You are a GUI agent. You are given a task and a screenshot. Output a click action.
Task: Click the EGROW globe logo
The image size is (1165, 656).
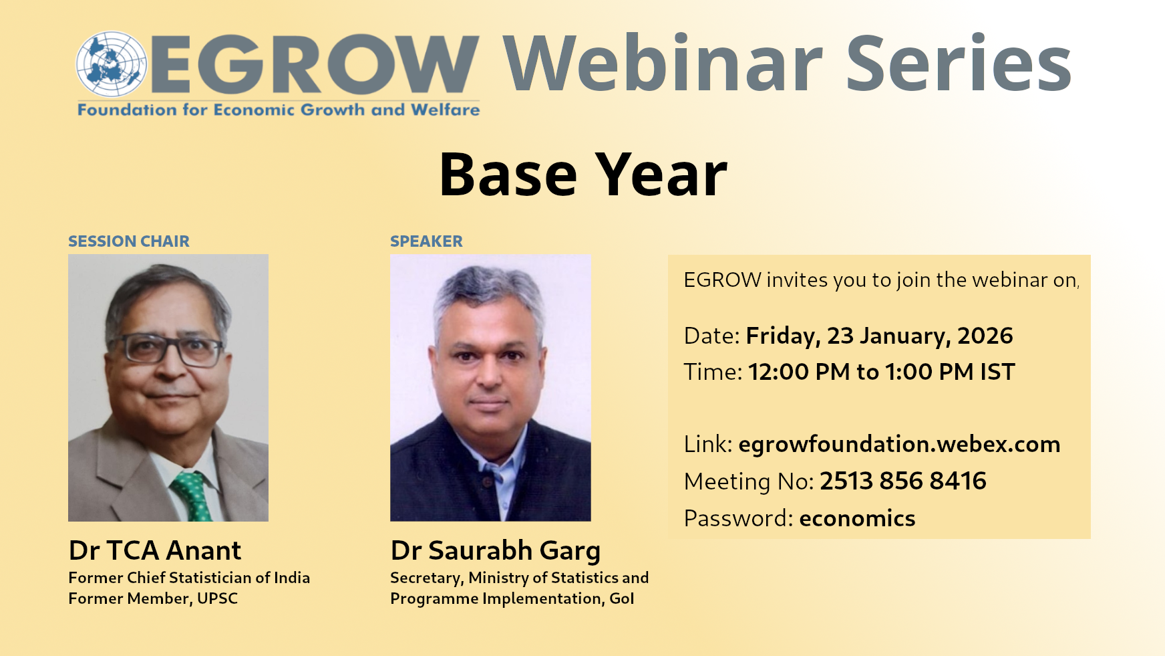click(112, 64)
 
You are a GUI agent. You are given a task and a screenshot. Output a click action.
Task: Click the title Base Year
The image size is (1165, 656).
click(583, 175)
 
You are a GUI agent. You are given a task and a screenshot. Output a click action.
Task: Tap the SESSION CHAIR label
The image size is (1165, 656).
click(129, 241)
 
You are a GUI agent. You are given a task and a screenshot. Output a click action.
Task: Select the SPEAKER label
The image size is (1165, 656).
click(426, 241)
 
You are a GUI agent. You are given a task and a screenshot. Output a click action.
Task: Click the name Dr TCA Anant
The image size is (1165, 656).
click(155, 550)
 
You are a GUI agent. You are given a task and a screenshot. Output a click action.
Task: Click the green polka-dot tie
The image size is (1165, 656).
click(192, 496)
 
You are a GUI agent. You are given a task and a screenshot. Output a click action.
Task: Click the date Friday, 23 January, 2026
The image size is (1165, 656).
click(879, 336)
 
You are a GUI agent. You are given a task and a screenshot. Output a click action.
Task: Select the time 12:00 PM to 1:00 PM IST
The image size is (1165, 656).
click(881, 372)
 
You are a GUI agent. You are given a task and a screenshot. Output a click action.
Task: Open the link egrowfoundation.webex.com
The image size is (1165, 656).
click(899, 444)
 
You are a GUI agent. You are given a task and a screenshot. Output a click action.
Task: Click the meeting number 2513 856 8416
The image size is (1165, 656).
click(903, 481)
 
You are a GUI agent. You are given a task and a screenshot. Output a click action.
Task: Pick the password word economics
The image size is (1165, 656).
click(857, 518)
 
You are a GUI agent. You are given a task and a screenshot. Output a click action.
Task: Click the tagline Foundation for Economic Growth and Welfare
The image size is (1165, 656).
click(279, 110)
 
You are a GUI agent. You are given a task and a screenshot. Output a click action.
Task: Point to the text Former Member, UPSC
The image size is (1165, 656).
click(153, 598)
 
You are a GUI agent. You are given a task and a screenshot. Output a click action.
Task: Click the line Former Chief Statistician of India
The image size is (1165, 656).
click(189, 578)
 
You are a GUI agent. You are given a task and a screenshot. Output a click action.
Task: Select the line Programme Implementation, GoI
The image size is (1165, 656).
click(512, 599)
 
